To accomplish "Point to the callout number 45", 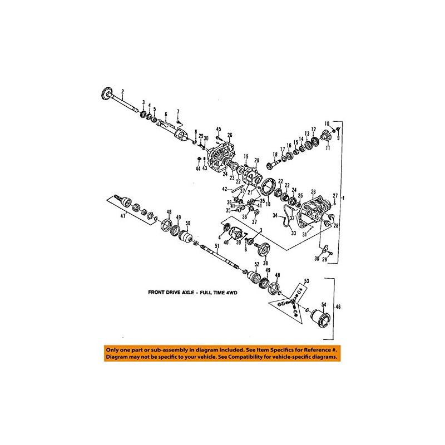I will (x=219, y=129).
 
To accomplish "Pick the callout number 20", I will (x=256, y=160).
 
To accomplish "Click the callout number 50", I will (x=187, y=224).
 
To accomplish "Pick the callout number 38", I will (x=264, y=263).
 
